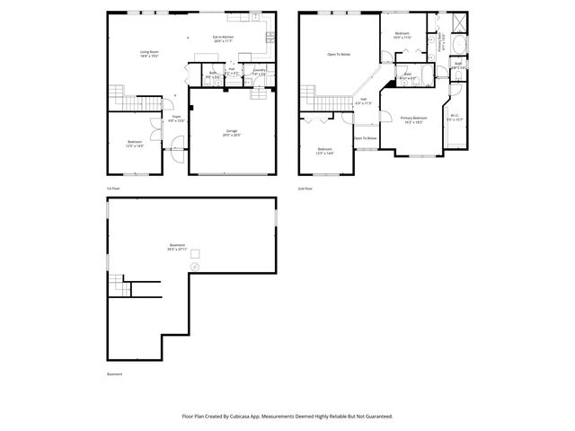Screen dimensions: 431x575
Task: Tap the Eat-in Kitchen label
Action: tap(223, 38)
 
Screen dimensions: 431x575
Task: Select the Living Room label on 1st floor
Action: tap(149, 54)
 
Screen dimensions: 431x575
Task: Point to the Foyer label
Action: tap(177, 119)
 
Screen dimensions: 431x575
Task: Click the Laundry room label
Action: tap(259, 71)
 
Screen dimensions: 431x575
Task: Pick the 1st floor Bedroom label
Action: tap(134, 143)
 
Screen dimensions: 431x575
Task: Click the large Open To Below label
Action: tap(338, 55)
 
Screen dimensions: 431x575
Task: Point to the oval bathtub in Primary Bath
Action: tap(458, 45)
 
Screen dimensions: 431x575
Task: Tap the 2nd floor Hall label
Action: tap(363, 101)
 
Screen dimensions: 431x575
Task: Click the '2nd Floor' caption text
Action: tap(305, 189)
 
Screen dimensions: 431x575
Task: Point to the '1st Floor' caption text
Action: tap(113, 189)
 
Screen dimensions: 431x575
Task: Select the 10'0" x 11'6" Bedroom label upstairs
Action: tap(402, 36)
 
